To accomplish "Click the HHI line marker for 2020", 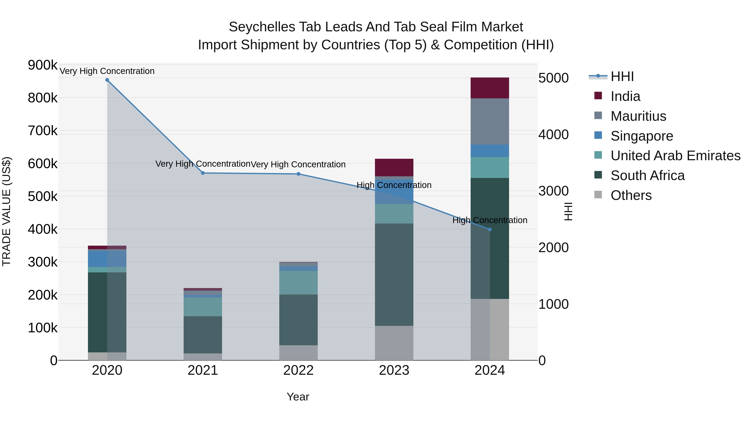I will (107, 80).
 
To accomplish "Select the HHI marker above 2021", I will (203, 173).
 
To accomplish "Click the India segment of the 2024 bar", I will (490, 88).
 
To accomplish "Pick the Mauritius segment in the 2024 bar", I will (490, 121).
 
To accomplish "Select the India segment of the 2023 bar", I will (394, 168).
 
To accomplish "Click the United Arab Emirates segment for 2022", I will (298, 283).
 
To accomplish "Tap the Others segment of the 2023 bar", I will (394, 343).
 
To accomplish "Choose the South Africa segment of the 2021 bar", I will (203, 335).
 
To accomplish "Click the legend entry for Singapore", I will (642, 136).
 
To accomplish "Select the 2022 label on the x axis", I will (298, 370).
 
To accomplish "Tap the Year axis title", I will (298, 397).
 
